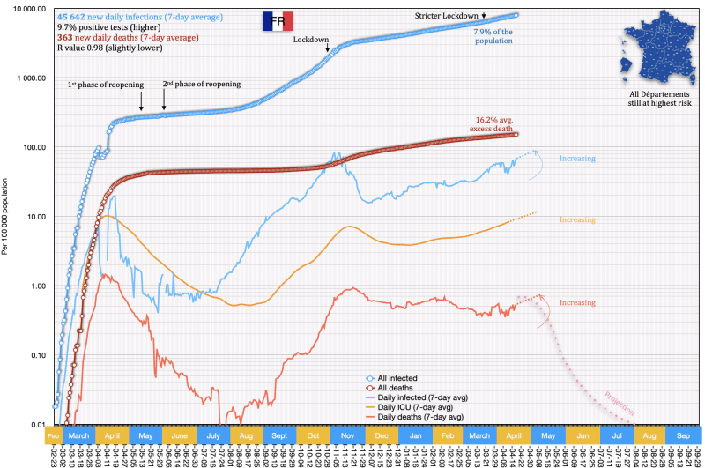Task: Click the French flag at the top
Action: [277, 22]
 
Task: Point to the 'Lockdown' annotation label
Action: [309, 40]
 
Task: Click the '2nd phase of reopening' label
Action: [201, 85]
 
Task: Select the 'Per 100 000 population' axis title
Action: [6, 217]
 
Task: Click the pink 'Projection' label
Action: [620, 404]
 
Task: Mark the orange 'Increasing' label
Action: [577, 220]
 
